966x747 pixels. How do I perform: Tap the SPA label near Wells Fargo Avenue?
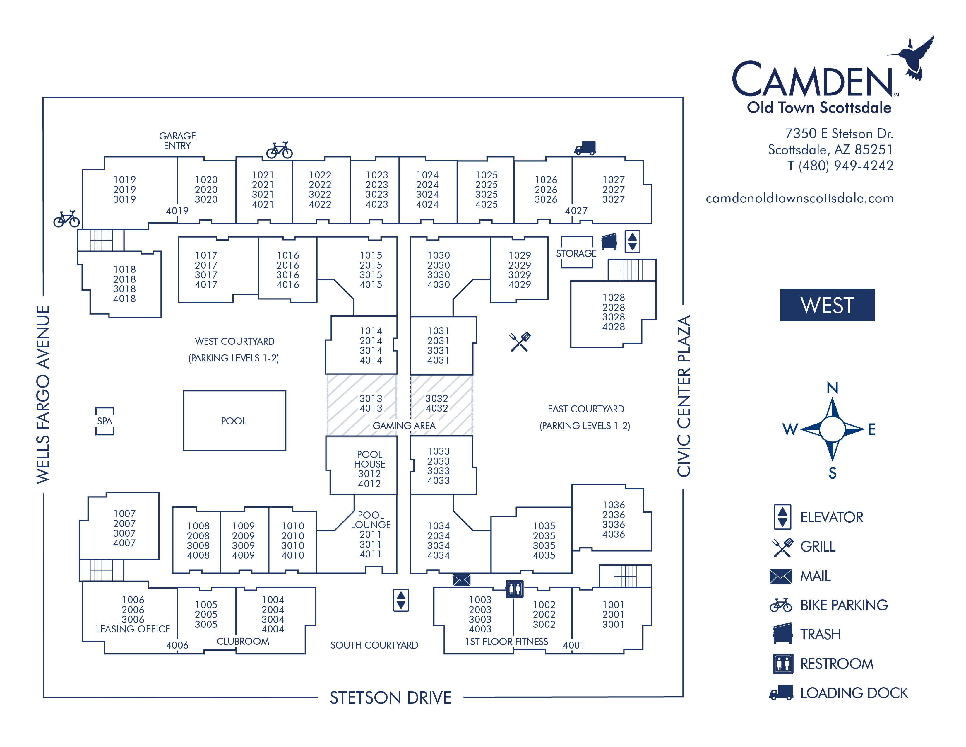tap(105, 421)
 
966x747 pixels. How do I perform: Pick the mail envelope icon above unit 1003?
tap(461, 580)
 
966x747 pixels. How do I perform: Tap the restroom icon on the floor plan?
tap(514, 589)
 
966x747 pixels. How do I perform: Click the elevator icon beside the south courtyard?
tap(401, 600)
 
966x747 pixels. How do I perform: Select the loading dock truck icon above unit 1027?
tap(585, 148)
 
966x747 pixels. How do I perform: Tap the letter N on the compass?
tap(832, 388)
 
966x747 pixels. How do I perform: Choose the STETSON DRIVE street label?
tap(390, 697)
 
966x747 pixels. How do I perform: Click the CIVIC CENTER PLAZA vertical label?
tap(684, 396)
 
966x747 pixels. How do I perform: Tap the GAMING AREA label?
tap(404, 425)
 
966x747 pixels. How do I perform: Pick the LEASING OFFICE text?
tap(133, 629)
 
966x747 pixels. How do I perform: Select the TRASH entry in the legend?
tap(820, 634)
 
